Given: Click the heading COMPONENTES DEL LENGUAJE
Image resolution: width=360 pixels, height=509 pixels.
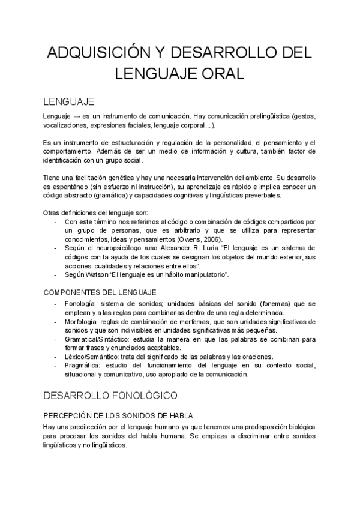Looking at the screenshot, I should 100,292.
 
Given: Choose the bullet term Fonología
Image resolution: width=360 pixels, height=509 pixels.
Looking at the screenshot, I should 81,304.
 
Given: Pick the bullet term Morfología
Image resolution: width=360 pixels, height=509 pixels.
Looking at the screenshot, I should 82,322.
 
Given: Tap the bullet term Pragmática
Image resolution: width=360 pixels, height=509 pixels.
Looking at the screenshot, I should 83,365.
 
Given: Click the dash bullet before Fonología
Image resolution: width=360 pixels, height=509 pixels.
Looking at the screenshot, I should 56,304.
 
